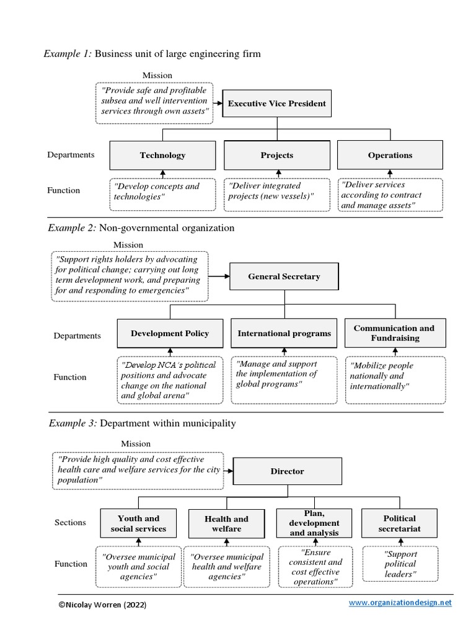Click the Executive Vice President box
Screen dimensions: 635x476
[x=277, y=104]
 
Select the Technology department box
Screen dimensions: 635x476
[x=162, y=155]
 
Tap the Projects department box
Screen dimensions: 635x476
[x=277, y=155]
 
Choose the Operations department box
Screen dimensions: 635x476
[x=390, y=155]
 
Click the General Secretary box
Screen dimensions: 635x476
[x=284, y=277]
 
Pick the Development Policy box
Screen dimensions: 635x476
[x=170, y=334]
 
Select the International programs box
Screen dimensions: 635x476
[x=284, y=334]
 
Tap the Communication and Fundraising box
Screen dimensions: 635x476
[x=394, y=334]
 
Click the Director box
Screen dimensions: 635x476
[x=288, y=471]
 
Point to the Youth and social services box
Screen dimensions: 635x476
[x=138, y=523]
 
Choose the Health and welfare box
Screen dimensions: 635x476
[x=226, y=524]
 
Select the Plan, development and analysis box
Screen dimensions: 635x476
[x=314, y=523]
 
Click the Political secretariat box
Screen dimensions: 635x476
[x=400, y=523]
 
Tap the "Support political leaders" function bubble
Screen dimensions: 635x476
[x=400, y=564]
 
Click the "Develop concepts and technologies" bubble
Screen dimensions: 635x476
[x=162, y=192]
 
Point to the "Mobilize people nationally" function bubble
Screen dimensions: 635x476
[x=395, y=376]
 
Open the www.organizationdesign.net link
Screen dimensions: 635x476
[x=400, y=603]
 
